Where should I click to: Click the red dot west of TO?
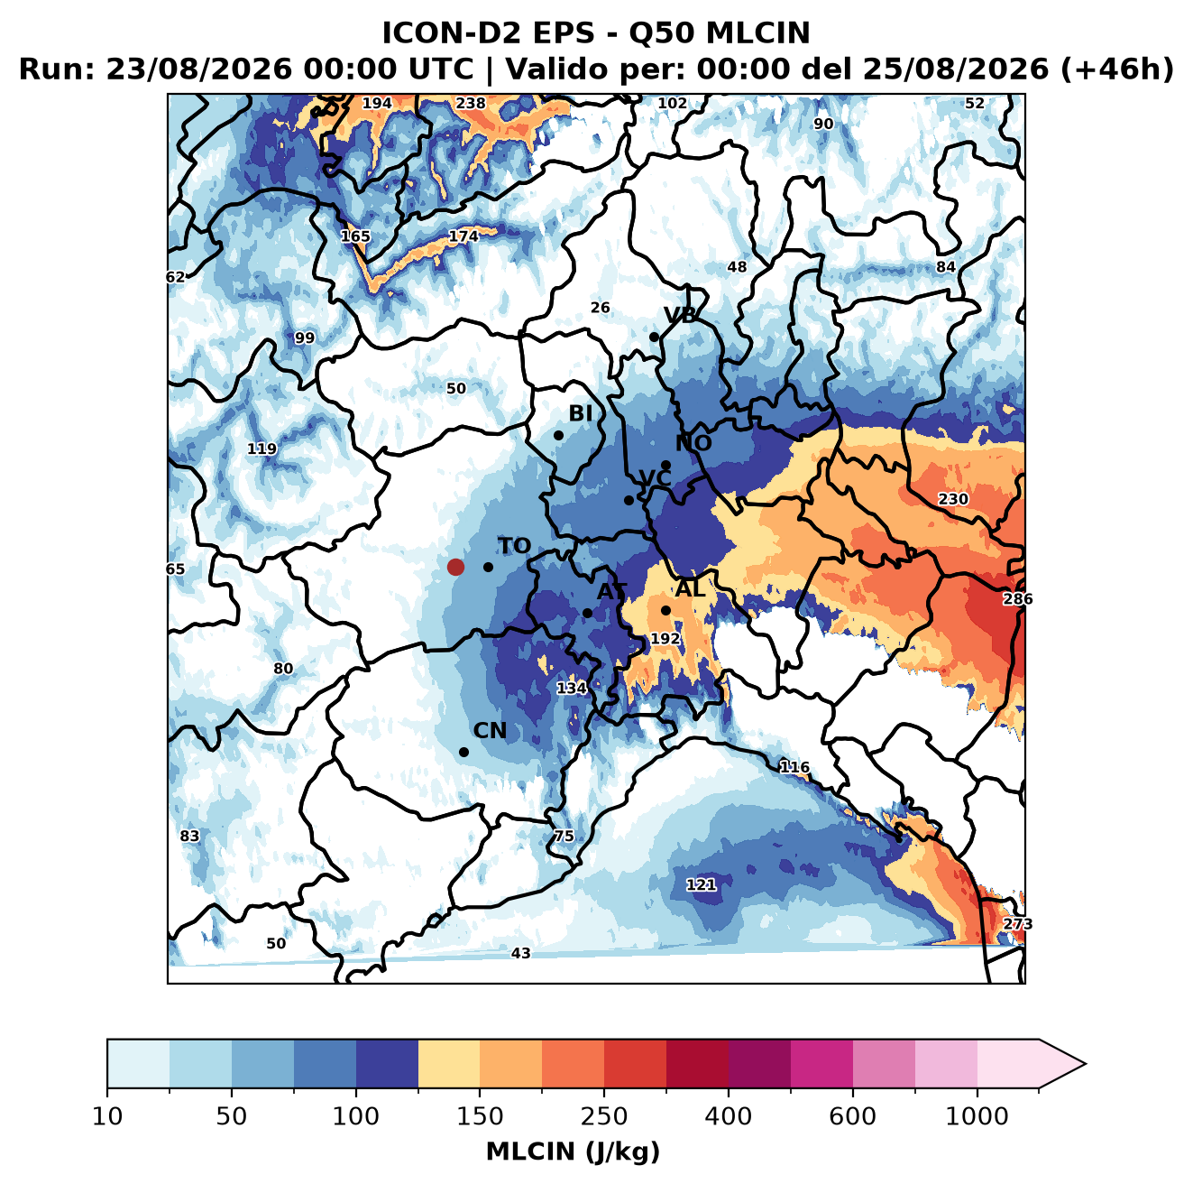pos(455,567)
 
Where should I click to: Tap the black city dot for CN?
pos(463,752)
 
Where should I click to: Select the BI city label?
pos(580,413)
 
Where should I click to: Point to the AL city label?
pos(691,588)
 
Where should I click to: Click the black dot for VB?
pos(655,337)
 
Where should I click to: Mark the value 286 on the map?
pos(1018,599)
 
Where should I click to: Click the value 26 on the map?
pos(600,308)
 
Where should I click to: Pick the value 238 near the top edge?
pos(471,104)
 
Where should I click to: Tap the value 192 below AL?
pos(665,639)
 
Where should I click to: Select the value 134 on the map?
pos(572,689)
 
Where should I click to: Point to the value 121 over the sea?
pos(701,884)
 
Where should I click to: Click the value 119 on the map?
pos(262,449)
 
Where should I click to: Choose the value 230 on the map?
pos(953,499)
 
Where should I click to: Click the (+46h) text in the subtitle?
pos(1116,69)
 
